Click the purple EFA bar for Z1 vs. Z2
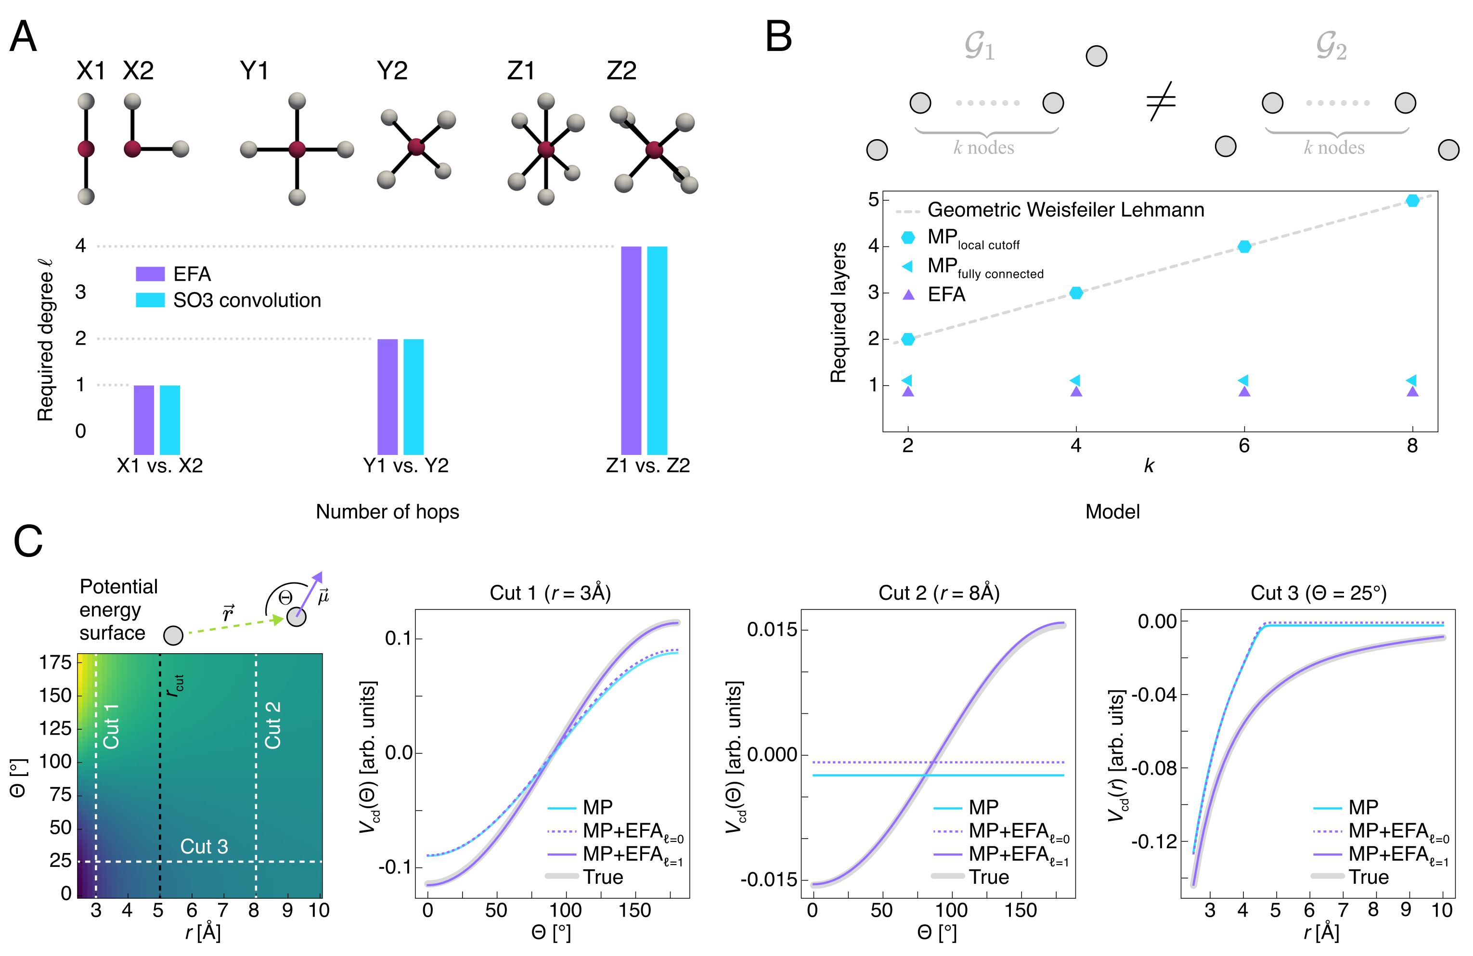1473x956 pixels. (x=631, y=350)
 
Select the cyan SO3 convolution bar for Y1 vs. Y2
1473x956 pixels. (x=413, y=397)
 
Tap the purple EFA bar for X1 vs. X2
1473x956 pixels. (x=143, y=420)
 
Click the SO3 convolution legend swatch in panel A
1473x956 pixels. (x=150, y=300)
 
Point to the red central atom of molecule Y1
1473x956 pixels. (x=297, y=149)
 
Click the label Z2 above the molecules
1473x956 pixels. (x=621, y=71)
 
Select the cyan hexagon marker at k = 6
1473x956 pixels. (x=1244, y=246)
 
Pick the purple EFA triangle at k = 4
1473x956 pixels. (x=1076, y=391)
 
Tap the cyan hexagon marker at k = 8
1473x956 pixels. (x=1412, y=200)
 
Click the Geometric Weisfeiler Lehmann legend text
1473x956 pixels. (x=1066, y=210)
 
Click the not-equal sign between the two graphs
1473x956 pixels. (x=1161, y=101)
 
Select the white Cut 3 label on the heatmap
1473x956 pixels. (x=204, y=846)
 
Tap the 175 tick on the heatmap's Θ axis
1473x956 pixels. (x=56, y=663)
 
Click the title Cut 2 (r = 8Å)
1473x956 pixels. (x=939, y=592)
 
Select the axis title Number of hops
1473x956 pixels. (x=388, y=512)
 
